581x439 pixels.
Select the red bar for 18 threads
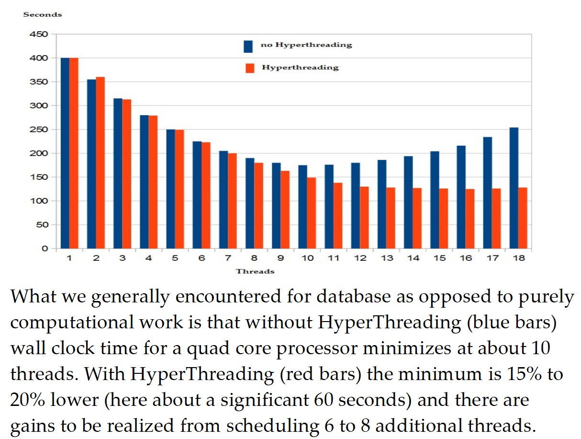[523, 218]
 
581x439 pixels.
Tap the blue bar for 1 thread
[65, 153]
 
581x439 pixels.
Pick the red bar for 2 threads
[100, 162]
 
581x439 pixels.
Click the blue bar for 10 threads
[302, 207]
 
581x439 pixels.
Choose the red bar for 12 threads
[364, 218]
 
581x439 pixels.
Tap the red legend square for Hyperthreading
[249, 68]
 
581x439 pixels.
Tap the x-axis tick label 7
[228, 258]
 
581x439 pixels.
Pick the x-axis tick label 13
[387, 258]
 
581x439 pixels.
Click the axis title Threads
[255, 271]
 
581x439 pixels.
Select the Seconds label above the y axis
[43, 14]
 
